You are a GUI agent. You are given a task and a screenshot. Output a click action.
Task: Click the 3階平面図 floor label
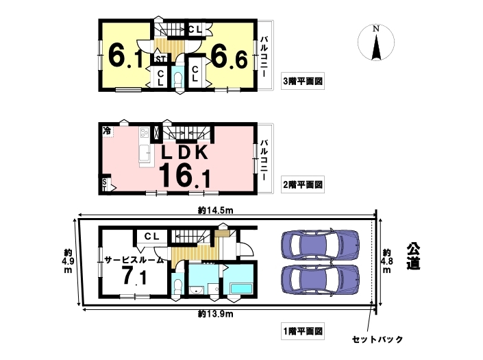(x=303, y=82)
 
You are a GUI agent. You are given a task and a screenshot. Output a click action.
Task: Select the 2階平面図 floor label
(x=303, y=184)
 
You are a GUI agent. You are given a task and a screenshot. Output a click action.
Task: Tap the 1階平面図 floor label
(x=303, y=331)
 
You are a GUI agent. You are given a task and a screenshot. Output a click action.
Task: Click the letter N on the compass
(x=376, y=29)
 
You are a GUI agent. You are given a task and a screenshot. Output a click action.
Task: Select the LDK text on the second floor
(x=185, y=152)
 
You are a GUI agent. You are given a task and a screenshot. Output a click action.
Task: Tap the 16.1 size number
(x=184, y=176)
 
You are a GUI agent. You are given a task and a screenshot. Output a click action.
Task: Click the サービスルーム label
(x=134, y=260)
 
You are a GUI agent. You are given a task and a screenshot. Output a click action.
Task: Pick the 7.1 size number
(x=134, y=276)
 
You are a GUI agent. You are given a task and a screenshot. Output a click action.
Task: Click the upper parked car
(x=321, y=245)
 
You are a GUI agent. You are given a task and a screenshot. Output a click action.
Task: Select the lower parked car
(x=321, y=278)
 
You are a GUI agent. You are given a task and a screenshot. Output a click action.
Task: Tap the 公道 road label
(x=413, y=256)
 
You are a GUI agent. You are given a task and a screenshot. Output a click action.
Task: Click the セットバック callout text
(x=377, y=339)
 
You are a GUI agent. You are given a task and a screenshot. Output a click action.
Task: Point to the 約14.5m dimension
(x=215, y=211)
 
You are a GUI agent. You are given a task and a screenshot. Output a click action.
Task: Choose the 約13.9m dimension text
(x=215, y=314)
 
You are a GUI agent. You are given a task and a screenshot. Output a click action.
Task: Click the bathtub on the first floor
(x=242, y=289)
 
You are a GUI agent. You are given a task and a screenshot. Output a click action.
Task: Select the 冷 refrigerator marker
(x=107, y=130)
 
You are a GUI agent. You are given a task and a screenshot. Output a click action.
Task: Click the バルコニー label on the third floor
(x=264, y=57)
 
